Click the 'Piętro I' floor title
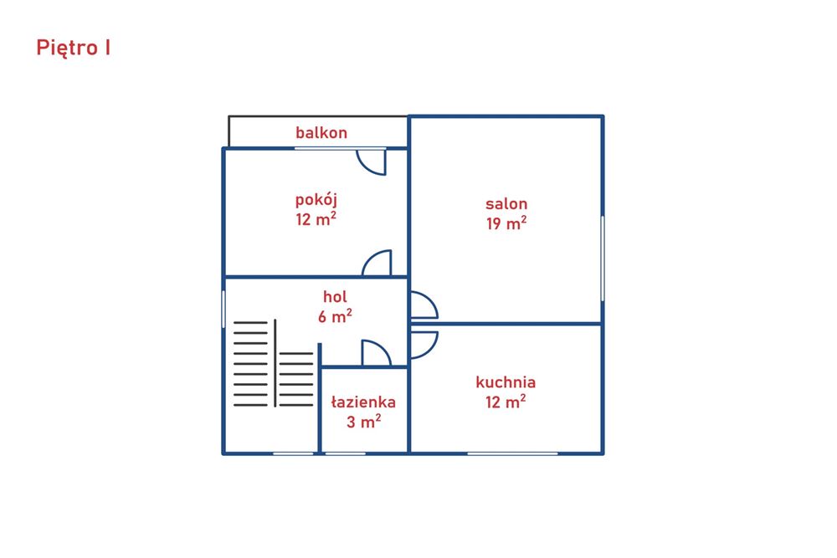73,48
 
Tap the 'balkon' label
321,132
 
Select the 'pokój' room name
316,200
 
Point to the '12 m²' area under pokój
316,218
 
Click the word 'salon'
506,203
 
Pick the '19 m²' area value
506,223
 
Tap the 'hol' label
335,297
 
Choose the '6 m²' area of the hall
335,315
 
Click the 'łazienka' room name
363,402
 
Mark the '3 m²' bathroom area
363,422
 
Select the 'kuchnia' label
506,382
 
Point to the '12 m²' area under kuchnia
506,402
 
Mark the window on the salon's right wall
603,259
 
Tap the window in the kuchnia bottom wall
512,453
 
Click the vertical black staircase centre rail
275,363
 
